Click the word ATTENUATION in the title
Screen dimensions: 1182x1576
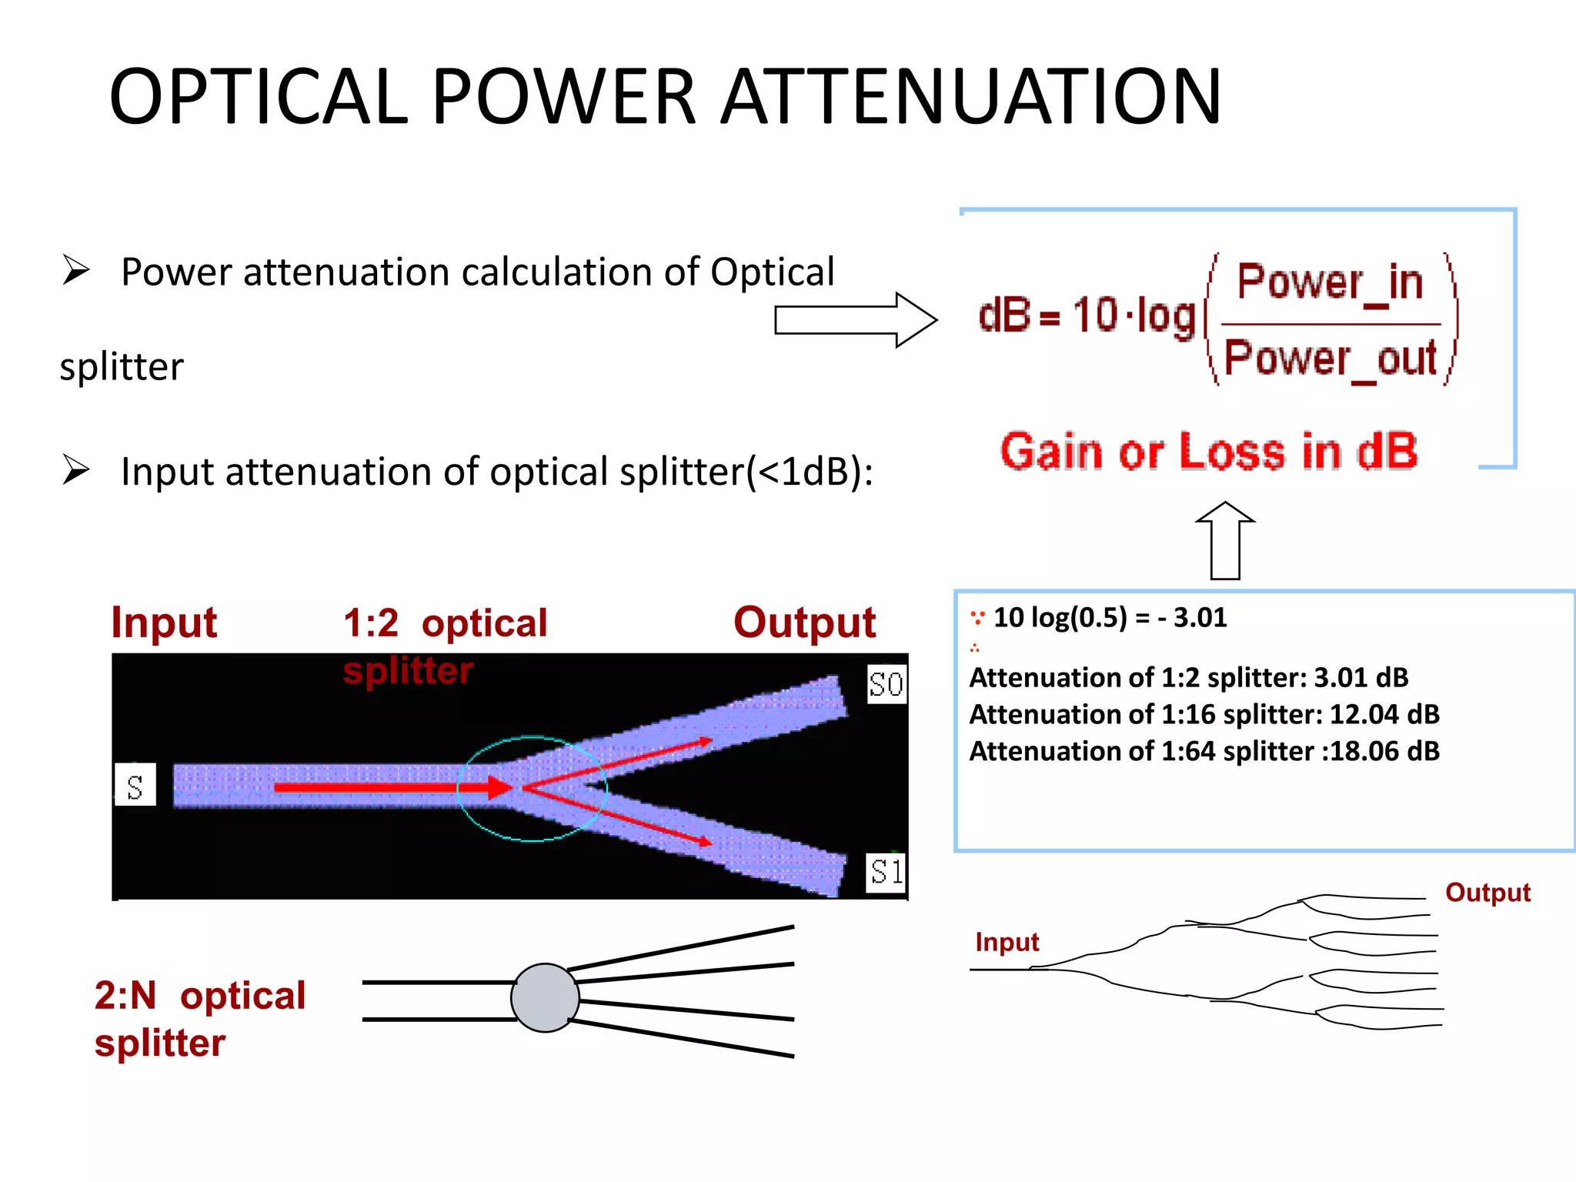tap(971, 98)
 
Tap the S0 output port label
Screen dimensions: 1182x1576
tap(886, 684)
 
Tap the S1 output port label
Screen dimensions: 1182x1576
tap(886, 872)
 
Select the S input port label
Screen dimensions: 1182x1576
tap(135, 786)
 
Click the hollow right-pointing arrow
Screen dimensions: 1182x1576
tap(854, 320)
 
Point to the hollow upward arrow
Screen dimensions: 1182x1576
tap(1225, 540)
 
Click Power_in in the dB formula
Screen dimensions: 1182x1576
tap(1330, 282)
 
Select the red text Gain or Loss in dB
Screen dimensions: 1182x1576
tap(1208, 452)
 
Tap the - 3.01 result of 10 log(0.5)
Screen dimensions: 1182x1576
tap(1192, 618)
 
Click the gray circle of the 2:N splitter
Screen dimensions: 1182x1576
tap(545, 998)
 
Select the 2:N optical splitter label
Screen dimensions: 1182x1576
tap(199, 1019)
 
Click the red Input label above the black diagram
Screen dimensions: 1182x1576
tap(164, 623)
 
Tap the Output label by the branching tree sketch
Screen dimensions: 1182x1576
tap(1487, 893)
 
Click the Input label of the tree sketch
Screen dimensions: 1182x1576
tap(1007, 942)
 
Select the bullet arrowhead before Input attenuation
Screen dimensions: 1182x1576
tap(76, 470)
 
